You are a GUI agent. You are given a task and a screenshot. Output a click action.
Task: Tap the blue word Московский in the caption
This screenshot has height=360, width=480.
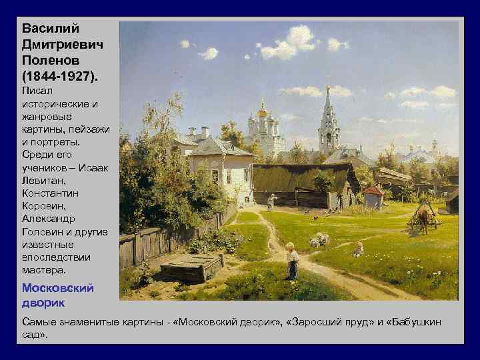pyautogui.click(x=57, y=289)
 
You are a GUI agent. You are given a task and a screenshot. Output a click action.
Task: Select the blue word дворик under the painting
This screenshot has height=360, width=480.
pyautogui.click(x=43, y=302)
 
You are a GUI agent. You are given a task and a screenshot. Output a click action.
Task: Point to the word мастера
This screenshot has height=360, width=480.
pyautogui.click(x=44, y=270)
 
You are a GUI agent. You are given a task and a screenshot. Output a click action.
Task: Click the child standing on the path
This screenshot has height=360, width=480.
pyautogui.click(x=291, y=261)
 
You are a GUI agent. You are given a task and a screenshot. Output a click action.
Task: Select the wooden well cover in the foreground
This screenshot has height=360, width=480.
pyautogui.click(x=190, y=267)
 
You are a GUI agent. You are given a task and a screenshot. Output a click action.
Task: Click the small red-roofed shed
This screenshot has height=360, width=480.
pyautogui.click(x=374, y=197)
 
